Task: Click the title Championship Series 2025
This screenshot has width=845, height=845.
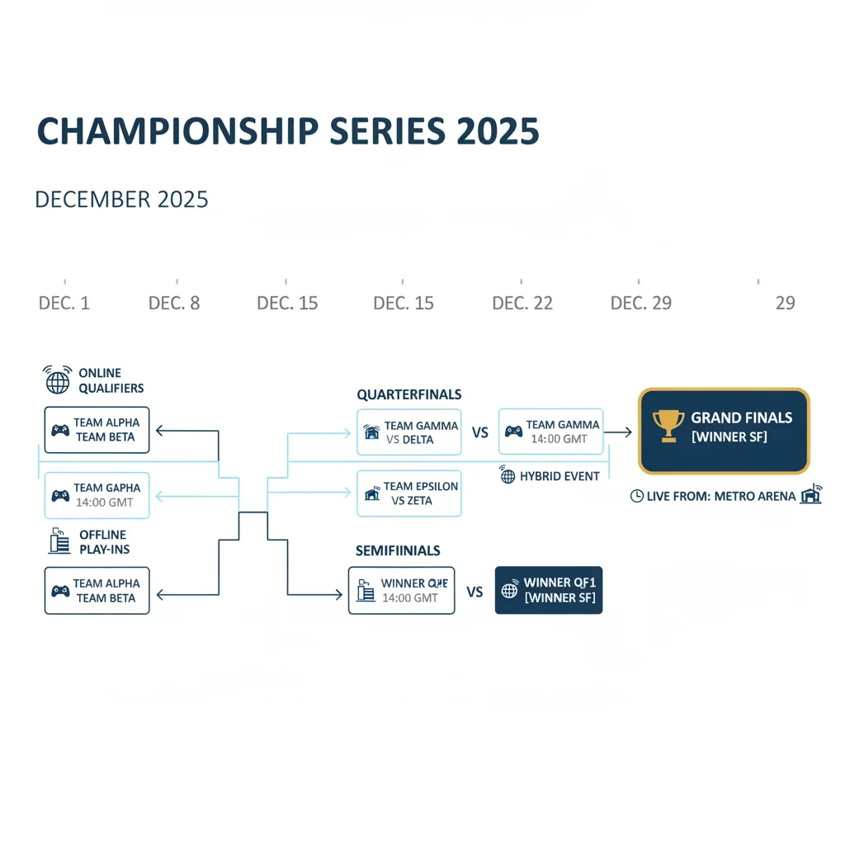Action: (288, 131)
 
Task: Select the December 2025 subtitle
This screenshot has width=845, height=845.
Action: (121, 200)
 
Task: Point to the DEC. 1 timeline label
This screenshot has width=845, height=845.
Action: (64, 303)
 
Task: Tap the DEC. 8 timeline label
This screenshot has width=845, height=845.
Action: (174, 303)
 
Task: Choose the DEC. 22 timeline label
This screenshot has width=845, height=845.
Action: (522, 303)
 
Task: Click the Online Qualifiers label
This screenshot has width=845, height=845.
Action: (111, 380)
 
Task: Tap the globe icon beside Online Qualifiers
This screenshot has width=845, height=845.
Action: (58, 380)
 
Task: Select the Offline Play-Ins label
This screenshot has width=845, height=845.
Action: (105, 541)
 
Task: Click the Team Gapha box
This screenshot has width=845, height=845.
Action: (97, 496)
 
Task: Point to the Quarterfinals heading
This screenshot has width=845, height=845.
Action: (409, 394)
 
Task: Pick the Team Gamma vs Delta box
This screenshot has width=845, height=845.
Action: (409, 432)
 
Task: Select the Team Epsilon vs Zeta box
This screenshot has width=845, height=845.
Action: (409, 493)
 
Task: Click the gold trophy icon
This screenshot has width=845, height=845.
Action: (668, 426)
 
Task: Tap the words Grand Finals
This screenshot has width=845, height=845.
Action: (742, 418)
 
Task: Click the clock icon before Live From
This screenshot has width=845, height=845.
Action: (637, 496)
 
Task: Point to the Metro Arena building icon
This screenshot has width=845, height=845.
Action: (811, 493)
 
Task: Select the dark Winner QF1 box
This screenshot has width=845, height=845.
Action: (549, 590)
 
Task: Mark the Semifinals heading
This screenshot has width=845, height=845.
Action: (398, 550)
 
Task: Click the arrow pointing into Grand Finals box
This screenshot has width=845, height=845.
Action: (617, 432)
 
